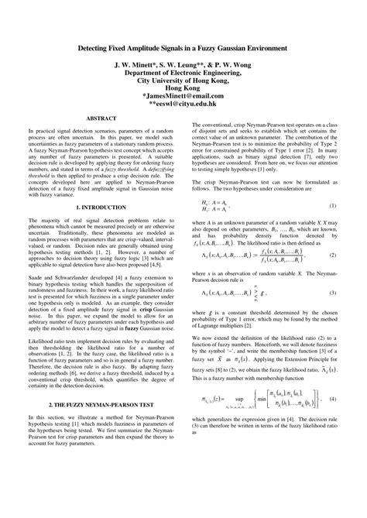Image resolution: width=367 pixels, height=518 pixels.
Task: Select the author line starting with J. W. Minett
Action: [x=183, y=65]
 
